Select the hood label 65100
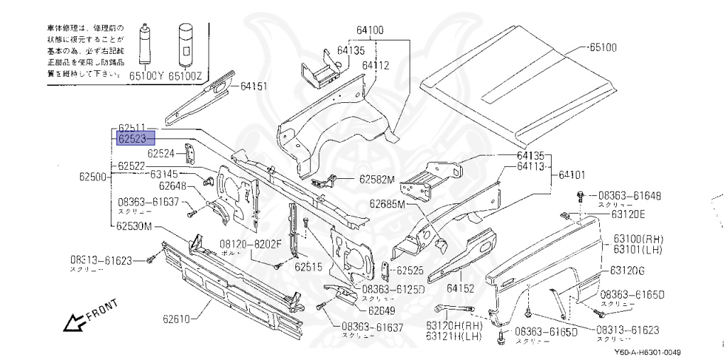tap(603, 48)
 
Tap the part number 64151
tap(253, 87)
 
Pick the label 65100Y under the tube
tap(146, 74)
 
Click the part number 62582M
tap(376, 180)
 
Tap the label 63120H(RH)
tap(454, 325)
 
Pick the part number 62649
tap(382, 310)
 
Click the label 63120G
tap(628, 271)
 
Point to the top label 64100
tap(370, 31)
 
